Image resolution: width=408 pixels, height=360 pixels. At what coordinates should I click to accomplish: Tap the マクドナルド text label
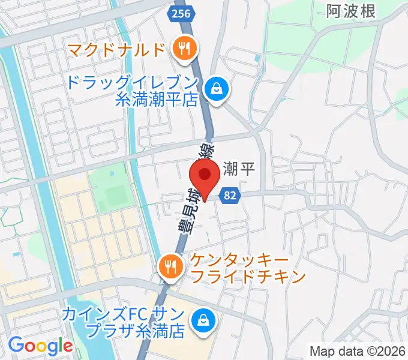click(x=116, y=48)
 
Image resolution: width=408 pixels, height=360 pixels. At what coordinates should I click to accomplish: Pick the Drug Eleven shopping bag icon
click(x=214, y=90)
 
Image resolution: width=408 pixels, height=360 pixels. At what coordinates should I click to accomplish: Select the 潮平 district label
click(x=239, y=169)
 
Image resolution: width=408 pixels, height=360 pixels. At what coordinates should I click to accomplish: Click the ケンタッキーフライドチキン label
click(x=248, y=268)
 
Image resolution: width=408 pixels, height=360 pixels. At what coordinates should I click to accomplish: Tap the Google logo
click(x=40, y=346)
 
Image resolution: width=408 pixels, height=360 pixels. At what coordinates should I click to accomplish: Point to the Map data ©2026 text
click(x=357, y=351)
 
